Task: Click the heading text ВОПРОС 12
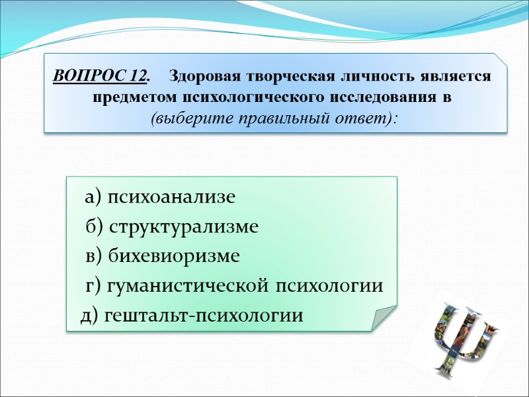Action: (x=100, y=76)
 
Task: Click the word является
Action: (x=452, y=76)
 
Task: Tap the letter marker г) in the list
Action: (x=93, y=286)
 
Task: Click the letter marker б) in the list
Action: (x=95, y=227)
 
